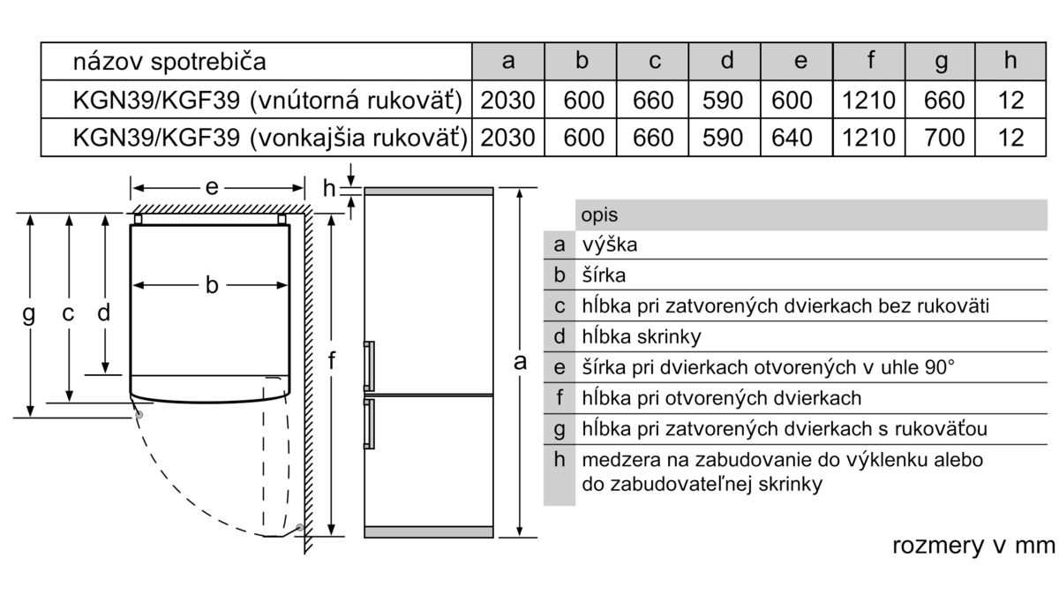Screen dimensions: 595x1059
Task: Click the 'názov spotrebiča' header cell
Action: pyautogui.click(x=169, y=61)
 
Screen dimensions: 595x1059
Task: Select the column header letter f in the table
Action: pyautogui.click(x=870, y=61)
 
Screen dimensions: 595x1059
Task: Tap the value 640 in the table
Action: pyautogui.click(x=800, y=138)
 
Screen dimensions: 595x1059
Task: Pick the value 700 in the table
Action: pyautogui.click(x=943, y=138)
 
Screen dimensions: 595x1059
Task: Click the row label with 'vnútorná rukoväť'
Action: pyautogui.click(x=268, y=100)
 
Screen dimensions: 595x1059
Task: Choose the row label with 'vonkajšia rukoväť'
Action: pyautogui.click(x=270, y=138)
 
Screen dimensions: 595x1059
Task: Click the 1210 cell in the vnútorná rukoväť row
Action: pyautogui.click(x=870, y=100)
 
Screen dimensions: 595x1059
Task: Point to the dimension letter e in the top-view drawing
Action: pyautogui.click(x=212, y=187)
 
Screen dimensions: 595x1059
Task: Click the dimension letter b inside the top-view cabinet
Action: pyautogui.click(x=212, y=285)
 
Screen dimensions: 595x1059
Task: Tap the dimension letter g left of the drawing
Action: pyautogui.click(x=29, y=313)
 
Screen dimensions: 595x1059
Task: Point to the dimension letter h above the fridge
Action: pyautogui.click(x=329, y=187)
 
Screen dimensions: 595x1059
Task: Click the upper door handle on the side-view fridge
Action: pyautogui.click(x=369, y=365)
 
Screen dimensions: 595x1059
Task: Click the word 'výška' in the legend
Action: pyautogui.click(x=610, y=245)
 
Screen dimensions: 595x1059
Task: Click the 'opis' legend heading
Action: pyautogui.click(x=599, y=215)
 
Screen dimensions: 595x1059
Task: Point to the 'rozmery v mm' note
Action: pyautogui.click(x=973, y=545)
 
